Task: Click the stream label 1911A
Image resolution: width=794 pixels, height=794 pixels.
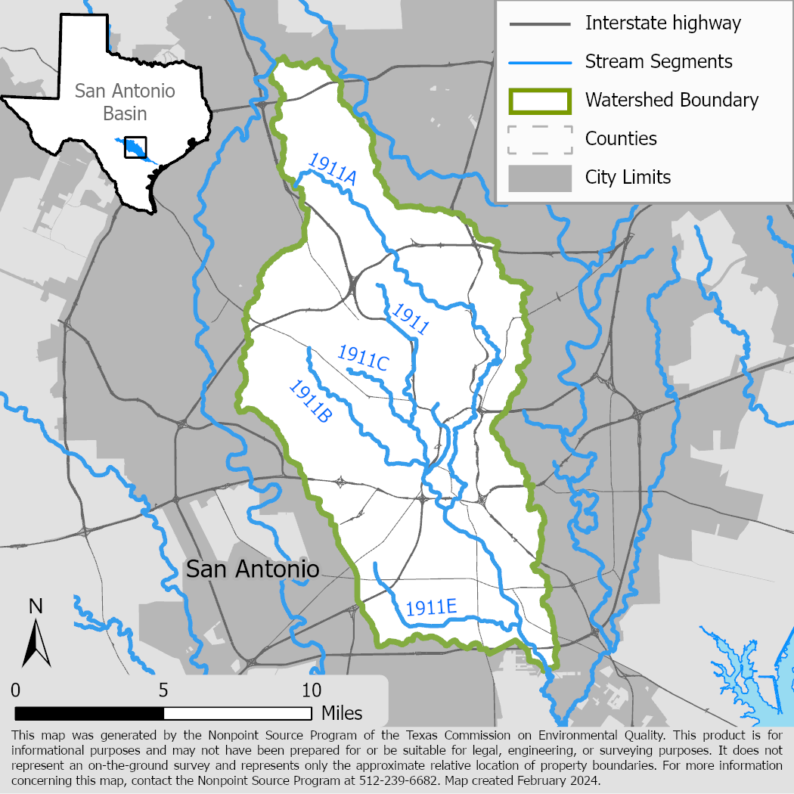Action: tap(332, 168)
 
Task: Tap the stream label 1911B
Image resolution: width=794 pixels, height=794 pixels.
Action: tap(311, 401)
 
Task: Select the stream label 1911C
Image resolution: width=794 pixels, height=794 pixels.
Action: tap(363, 358)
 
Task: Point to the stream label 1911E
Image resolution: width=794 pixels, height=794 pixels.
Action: tap(431, 607)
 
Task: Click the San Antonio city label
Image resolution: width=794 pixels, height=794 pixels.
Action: tap(253, 569)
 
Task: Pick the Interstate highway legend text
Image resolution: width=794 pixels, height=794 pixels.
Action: tap(663, 23)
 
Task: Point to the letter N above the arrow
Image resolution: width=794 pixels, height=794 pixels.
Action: tap(35, 606)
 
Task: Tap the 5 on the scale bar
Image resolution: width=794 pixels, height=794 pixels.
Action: tap(164, 690)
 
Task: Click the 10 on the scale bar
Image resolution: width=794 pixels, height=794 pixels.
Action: tap(312, 690)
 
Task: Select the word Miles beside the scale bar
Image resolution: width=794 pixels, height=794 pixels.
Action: tap(342, 713)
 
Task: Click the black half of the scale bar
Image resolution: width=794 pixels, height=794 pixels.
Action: tap(89, 713)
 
